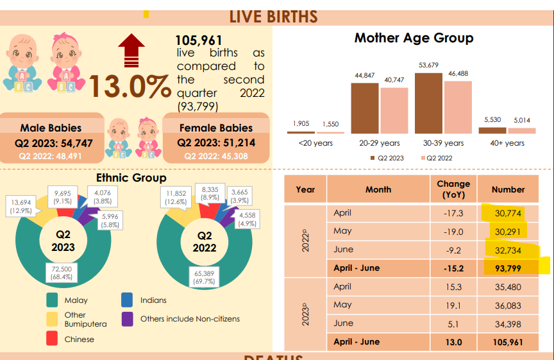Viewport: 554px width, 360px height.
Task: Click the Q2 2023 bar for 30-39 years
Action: (x=428, y=103)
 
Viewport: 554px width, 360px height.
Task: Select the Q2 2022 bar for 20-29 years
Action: (x=394, y=110)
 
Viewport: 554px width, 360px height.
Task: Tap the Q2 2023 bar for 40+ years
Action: (x=492, y=130)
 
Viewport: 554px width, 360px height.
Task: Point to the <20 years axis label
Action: (x=315, y=143)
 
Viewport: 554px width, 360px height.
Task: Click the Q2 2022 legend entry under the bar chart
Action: (x=439, y=158)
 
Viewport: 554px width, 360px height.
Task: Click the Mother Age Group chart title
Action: (x=414, y=38)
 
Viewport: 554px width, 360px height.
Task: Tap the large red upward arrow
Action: (x=131, y=51)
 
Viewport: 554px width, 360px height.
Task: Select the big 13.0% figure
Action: (x=131, y=87)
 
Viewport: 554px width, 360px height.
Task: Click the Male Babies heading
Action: (x=51, y=128)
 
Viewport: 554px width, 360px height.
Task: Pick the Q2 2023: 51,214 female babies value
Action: (x=216, y=142)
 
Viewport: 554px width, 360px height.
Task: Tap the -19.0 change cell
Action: (x=453, y=231)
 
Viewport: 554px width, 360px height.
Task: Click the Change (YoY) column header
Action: (x=453, y=189)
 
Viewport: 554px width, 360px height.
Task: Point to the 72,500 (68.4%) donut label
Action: (x=62, y=272)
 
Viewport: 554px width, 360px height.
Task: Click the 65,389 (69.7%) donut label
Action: (x=203, y=277)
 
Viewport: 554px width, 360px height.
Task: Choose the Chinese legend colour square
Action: (x=52, y=339)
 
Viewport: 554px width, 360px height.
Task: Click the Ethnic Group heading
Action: (x=131, y=178)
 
